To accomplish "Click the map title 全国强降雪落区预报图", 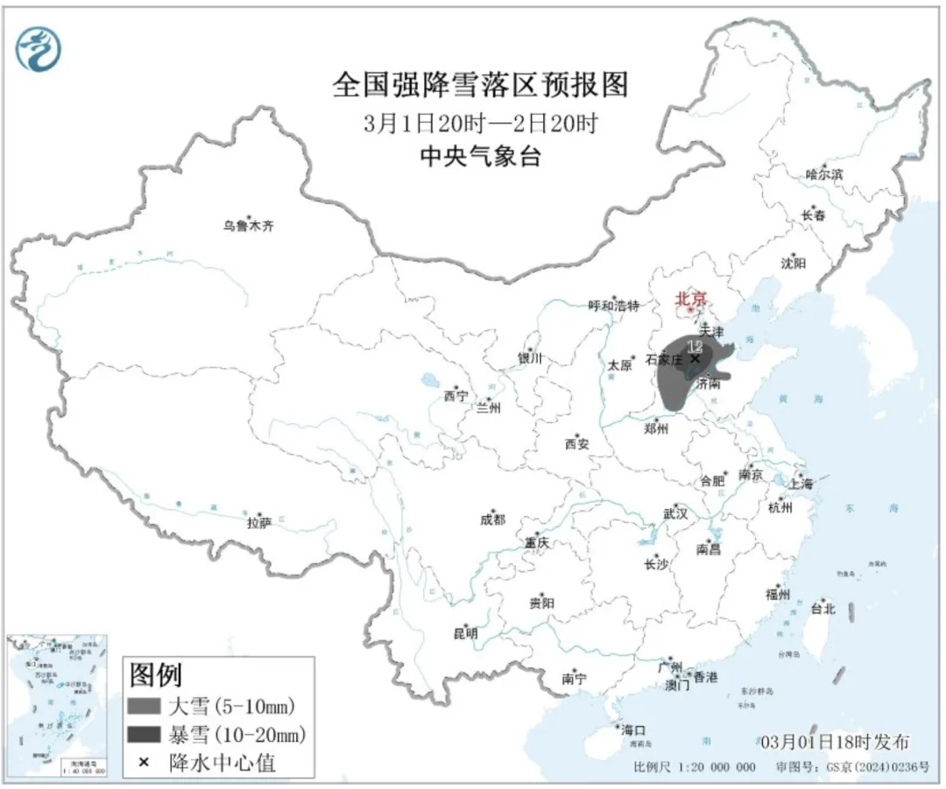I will point(481,86).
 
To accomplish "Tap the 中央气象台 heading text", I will point(480,157).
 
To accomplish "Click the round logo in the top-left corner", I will point(39,48).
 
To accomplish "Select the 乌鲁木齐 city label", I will point(248,226).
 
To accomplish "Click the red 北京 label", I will point(690,299).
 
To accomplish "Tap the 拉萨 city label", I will point(259,523).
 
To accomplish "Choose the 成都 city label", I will point(492,519).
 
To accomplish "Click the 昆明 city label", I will point(465,633).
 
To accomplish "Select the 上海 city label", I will point(800,483).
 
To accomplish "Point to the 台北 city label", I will point(822,609).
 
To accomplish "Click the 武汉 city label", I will point(675,513).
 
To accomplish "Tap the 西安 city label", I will point(576,444).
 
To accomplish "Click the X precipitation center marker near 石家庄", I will point(695,357).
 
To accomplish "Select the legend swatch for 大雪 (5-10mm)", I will point(153,706).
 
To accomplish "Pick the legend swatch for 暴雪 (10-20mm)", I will point(153,734).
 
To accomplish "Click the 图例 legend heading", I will point(156,675).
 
